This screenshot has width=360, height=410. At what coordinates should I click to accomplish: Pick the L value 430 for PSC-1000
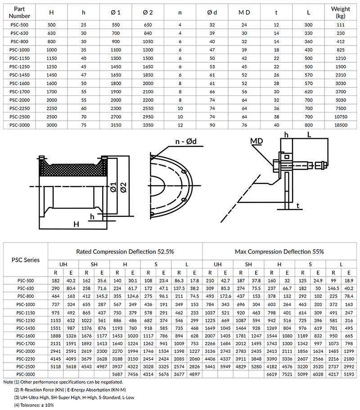click(309, 50)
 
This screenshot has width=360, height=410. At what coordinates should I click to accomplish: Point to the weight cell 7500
click(341, 109)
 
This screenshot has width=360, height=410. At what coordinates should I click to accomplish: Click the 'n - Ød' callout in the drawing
click(187, 143)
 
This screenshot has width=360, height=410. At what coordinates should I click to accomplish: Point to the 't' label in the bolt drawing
click(298, 205)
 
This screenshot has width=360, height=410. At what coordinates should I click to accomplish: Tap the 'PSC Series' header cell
click(25, 260)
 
